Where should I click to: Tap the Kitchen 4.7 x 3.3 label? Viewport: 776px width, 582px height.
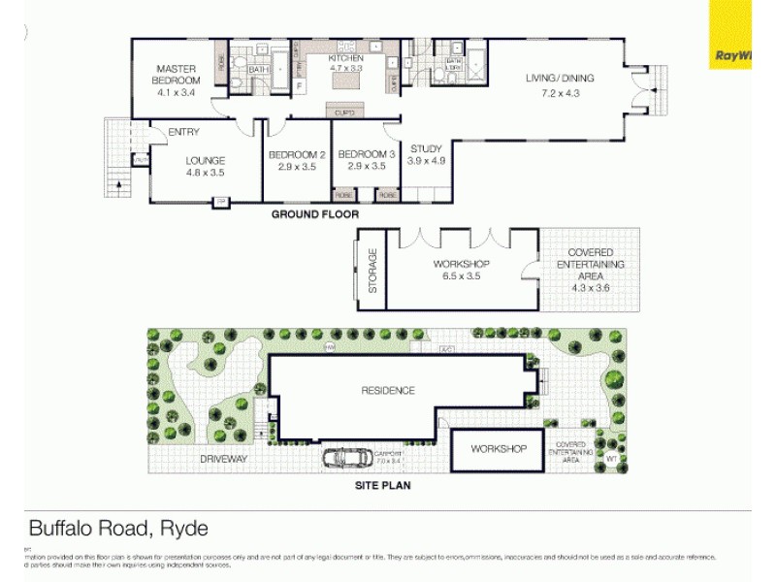point(345,64)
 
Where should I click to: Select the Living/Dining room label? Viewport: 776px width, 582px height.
point(560,85)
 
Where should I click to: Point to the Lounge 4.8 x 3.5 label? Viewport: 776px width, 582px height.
point(205,166)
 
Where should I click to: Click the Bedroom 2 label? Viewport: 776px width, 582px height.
point(297,160)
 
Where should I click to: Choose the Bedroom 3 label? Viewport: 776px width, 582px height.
point(366,160)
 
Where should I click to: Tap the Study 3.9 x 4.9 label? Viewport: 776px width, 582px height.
point(426,154)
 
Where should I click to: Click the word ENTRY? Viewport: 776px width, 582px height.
point(183,133)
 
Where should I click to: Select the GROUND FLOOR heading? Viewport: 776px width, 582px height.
point(314,214)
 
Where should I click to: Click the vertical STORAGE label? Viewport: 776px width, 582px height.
point(372,271)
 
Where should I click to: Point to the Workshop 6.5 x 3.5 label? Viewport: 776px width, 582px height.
point(461,270)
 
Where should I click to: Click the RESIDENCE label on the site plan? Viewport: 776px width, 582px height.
point(388,391)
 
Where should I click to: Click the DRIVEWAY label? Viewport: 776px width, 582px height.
point(225,459)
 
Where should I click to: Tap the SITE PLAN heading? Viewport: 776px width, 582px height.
point(383,485)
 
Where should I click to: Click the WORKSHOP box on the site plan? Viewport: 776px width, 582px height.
point(499,449)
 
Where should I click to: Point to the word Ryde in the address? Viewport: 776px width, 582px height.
point(181,529)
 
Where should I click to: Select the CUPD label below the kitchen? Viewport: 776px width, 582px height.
point(344,113)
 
